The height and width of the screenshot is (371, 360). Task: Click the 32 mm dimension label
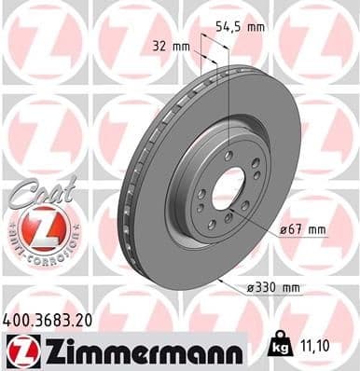coord(166,45)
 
